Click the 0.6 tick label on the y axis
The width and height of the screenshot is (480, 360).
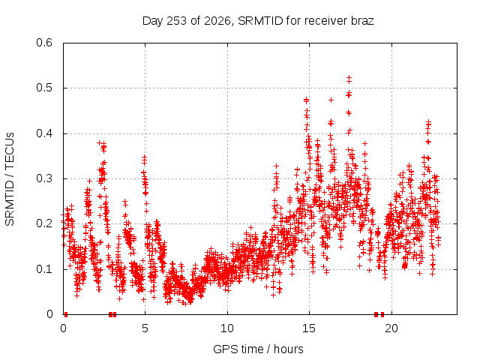(x=44, y=43)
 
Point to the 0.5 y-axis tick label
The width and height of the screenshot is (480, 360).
(x=44, y=88)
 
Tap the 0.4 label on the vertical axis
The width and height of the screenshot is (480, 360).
(x=44, y=133)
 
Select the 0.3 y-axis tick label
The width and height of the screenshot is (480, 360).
(x=44, y=178)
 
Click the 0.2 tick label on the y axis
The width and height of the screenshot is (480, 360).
(x=44, y=223)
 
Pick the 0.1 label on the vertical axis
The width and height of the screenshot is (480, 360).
(x=44, y=269)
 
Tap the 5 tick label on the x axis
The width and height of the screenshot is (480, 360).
(x=145, y=328)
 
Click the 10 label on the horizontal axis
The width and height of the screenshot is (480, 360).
(x=226, y=328)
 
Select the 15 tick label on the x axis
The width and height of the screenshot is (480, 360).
(x=309, y=328)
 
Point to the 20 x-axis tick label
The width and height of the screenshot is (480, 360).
(x=391, y=328)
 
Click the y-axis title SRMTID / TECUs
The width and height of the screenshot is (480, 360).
(x=10, y=179)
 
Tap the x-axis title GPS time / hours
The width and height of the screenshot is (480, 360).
(x=258, y=349)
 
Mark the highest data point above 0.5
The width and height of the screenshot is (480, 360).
(x=349, y=78)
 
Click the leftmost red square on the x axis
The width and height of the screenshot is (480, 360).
(x=66, y=314)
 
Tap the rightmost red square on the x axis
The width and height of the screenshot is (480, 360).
(x=382, y=314)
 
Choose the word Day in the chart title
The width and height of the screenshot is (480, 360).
(x=153, y=21)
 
